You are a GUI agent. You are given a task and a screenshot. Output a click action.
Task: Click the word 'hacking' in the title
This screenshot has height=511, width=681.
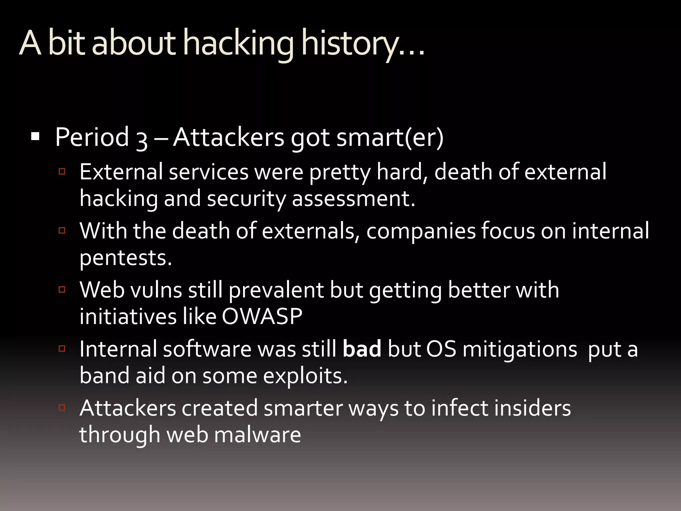pyautogui.click(x=238, y=44)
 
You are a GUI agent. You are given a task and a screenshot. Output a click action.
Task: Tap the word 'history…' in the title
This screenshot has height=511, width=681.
pyautogui.click(x=362, y=44)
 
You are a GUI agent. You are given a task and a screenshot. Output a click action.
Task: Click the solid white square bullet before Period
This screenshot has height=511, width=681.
pyautogui.click(x=35, y=136)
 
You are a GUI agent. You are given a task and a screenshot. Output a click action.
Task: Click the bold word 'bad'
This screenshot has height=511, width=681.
pyautogui.click(x=362, y=349)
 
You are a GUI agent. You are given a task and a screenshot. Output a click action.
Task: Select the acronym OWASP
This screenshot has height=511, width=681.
pyautogui.click(x=262, y=316)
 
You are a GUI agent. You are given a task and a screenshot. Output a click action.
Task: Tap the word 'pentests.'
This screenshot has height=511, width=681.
pyautogui.click(x=126, y=258)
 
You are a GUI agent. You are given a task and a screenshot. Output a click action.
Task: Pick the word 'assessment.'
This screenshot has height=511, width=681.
pyautogui.click(x=354, y=198)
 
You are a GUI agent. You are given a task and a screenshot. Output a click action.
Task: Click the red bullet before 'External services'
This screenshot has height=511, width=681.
pyautogui.click(x=62, y=172)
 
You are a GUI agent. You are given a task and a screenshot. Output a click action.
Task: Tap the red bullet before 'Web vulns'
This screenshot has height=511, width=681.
pyautogui.click(x=62, y=289)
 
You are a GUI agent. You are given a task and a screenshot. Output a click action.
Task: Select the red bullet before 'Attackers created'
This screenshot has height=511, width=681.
pyautogui.click(x=62, y=408)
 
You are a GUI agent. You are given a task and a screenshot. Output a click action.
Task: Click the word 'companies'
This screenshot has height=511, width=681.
pyautogui.click(x=421, y=231)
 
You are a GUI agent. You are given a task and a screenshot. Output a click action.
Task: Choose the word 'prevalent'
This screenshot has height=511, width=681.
pyautogui.click(x=276, y=290)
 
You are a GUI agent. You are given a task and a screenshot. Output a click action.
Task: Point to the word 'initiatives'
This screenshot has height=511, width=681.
pyautogui.click(x=128, y=316)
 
